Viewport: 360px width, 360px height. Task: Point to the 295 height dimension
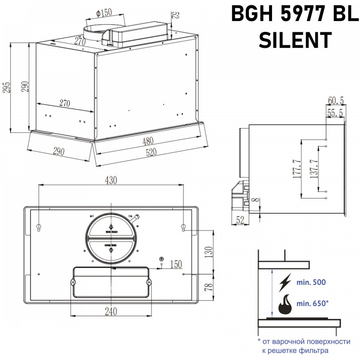(x=7, y=88)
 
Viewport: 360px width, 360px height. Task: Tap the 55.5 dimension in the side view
(x=335, y=112)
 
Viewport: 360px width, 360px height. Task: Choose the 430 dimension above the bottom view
(x=112, y=181)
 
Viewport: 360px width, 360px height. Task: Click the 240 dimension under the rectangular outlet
(x=111, y=312)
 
